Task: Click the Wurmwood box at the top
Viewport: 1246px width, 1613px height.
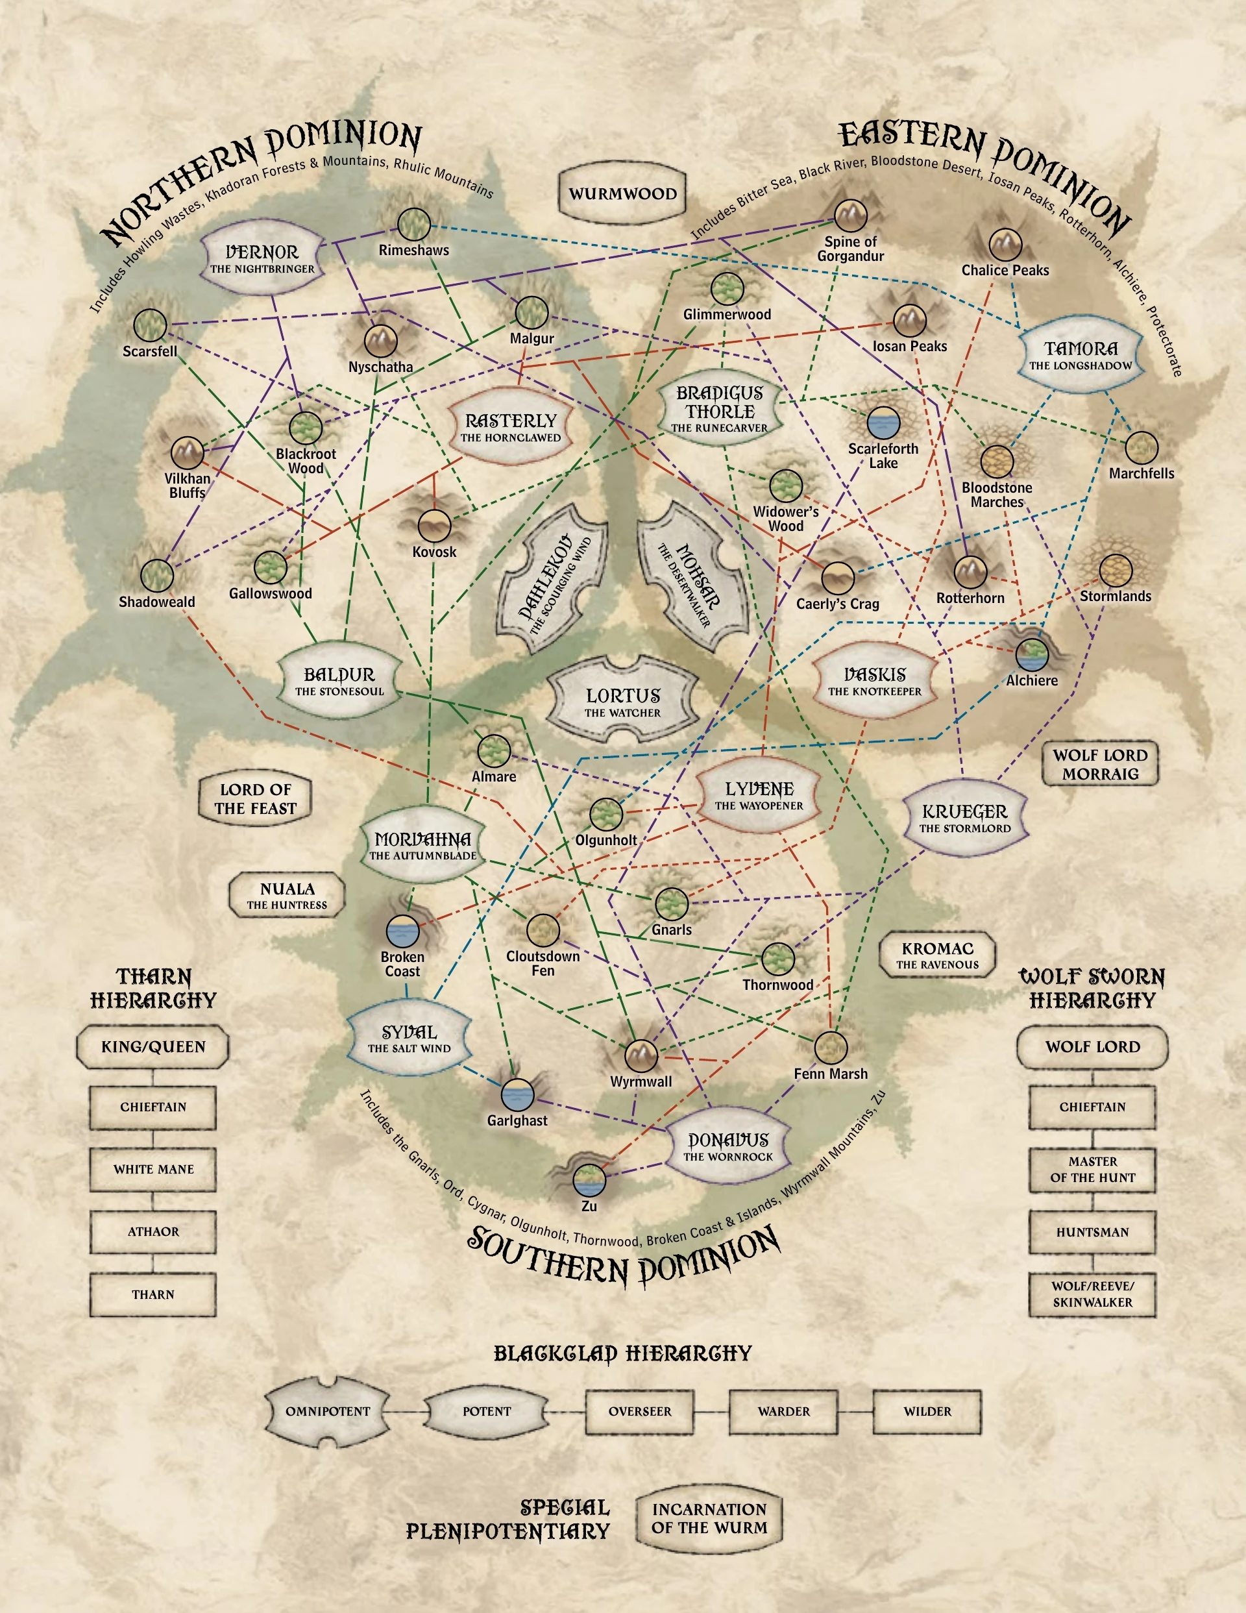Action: click(622, 193)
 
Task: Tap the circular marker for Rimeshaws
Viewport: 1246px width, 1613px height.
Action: click(413, 224)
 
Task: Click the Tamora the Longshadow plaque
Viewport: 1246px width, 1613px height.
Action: click(1081, 355)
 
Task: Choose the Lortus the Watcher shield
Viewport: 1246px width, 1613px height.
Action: click(622, 702)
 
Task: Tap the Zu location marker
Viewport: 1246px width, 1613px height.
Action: click(589, 1179)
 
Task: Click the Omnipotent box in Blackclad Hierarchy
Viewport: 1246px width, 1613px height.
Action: click(328, 1411)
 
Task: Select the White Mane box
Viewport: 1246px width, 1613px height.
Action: click(154, 1169)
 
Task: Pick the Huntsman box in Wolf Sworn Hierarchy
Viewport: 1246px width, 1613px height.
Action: click(1092, 1232)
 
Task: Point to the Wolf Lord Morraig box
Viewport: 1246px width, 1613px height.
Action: click(1100, 765)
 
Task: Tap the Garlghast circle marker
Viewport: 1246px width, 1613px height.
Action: click(517, 1095)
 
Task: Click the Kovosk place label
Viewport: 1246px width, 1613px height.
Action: click(434, 552)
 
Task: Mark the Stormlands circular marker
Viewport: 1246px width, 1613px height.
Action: click(1116, 570)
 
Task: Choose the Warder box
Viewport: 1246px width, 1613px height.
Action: click(784, 1411)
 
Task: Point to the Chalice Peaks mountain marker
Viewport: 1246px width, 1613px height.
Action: click(1005, 245)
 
